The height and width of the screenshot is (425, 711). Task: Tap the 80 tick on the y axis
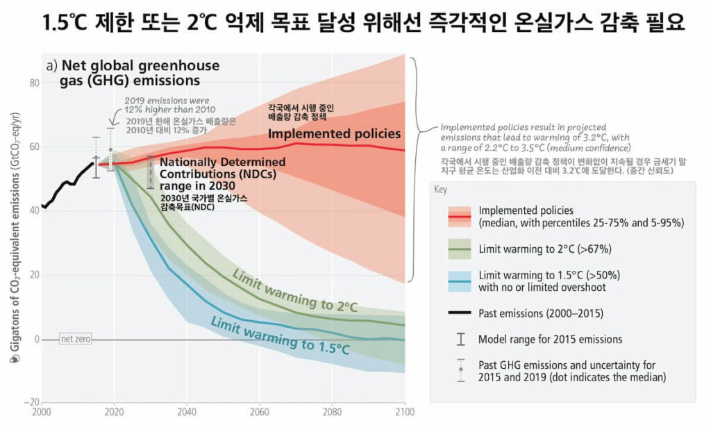(32, 83)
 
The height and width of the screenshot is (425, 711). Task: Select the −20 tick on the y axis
(30, 403)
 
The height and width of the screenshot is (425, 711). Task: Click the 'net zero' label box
(75, 339)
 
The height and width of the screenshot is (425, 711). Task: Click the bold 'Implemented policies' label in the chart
(334, 133)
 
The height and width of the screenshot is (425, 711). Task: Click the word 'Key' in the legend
(440, 189)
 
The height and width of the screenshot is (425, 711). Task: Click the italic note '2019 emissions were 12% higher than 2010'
(170, 105)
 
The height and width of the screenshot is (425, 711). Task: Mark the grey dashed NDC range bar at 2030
(151, 172)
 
